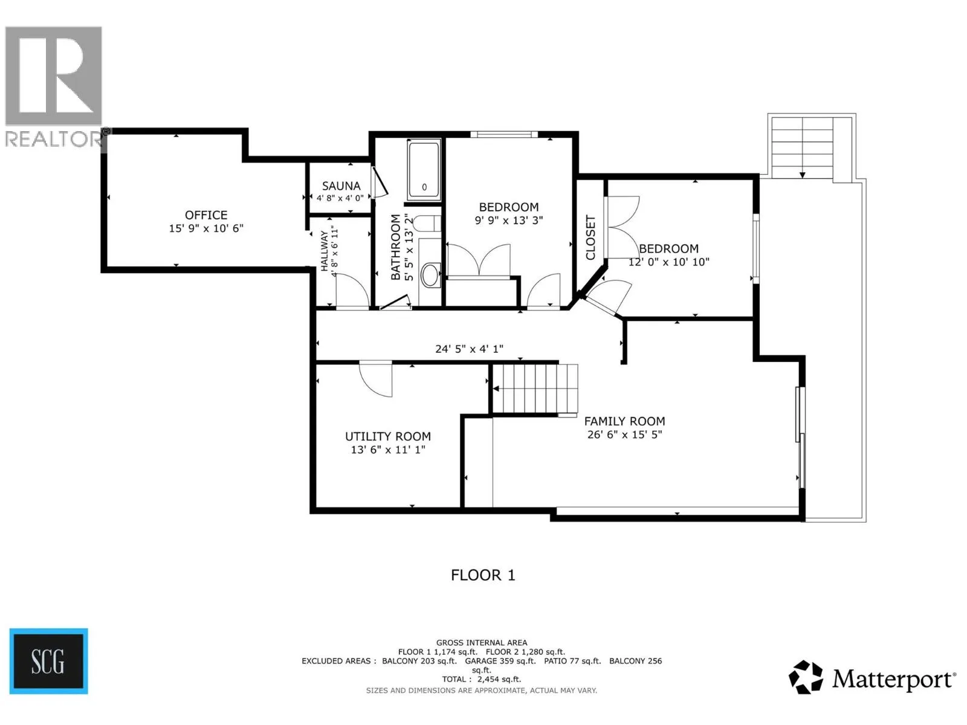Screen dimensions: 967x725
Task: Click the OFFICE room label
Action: click(x=206, y=215)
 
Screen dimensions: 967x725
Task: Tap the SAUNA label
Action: click(x=341, y=185)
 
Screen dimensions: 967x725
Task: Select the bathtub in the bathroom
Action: click(x=424, y=170)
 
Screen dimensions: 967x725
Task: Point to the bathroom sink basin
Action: click(x=430, y=275)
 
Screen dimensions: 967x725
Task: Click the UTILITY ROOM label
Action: click(x=387, y=436)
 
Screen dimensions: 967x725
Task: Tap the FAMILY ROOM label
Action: click(x=624, y=421)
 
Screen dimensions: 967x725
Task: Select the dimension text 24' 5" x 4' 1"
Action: click(x=469, y=349)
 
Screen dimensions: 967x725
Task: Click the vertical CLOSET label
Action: click(x=590, y=237)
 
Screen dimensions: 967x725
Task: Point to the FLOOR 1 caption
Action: click(x=483, y=575)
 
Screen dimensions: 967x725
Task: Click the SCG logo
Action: click(x=48, y=661)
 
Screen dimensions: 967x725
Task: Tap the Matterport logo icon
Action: click(x=806, y=677)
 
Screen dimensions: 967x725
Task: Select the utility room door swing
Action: click(x=375, y=379)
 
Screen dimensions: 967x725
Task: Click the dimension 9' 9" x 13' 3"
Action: click(x=509, y=220)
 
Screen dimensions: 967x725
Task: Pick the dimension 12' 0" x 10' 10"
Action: click(x=669, y=262)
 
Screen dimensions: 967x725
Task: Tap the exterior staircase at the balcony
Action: click(x=802, y=147)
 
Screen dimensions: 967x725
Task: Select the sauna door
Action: click(x=380, y=182)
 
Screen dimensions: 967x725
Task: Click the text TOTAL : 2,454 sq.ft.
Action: click(x=482, y=679)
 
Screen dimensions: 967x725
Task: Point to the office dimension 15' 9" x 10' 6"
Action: click(x=206, y=228)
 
